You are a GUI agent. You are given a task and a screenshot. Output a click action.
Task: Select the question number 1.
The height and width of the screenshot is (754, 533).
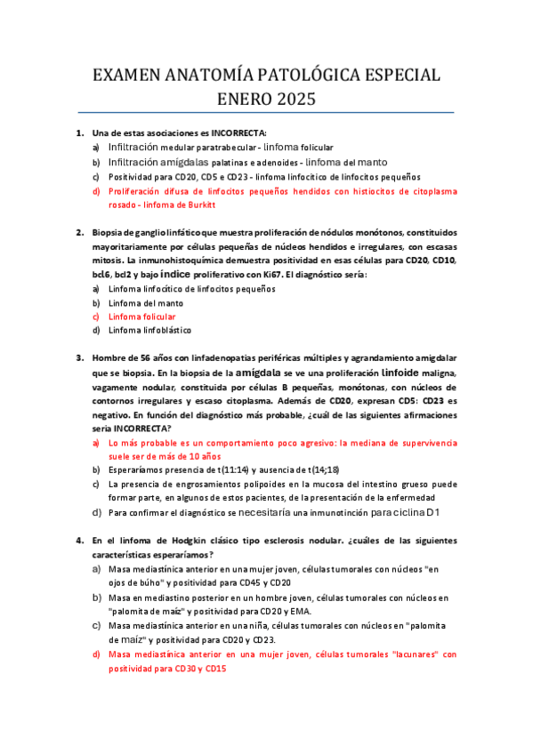79,132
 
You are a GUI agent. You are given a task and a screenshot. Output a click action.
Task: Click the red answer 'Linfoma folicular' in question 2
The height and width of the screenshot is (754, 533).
141,316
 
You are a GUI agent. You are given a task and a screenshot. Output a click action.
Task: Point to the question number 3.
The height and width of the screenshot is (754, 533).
79,358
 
